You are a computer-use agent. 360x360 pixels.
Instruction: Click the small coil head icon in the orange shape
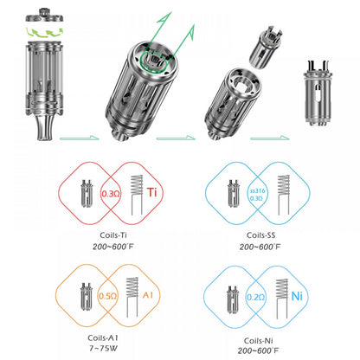click(x=87, y=295)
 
